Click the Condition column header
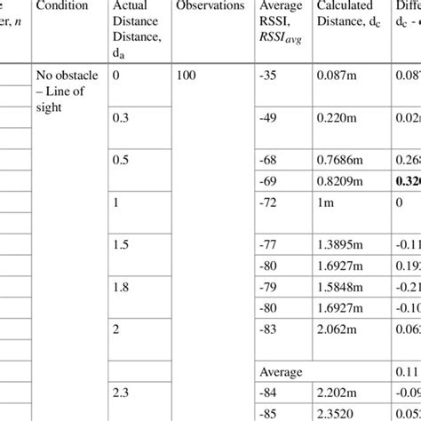[x=63, y=7]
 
